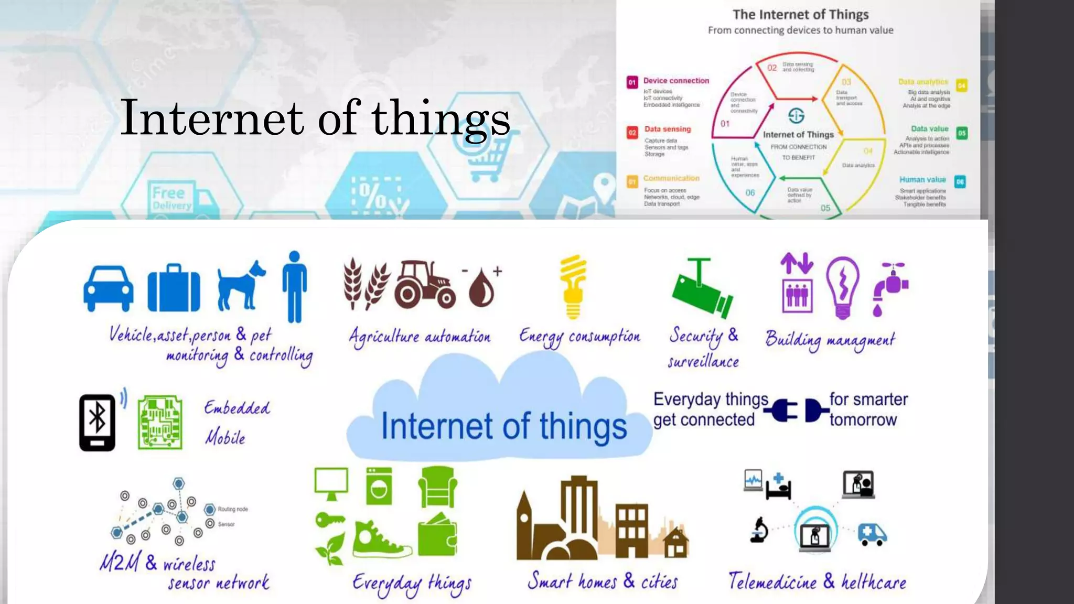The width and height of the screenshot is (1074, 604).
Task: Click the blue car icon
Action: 109,288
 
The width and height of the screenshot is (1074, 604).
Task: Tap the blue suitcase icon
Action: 174,288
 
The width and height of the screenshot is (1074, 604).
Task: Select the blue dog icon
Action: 241,286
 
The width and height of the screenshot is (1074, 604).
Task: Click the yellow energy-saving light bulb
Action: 573,287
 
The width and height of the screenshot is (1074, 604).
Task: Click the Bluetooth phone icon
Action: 98,422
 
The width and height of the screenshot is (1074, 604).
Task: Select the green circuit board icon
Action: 160,422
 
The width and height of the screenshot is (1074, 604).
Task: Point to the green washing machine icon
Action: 379,486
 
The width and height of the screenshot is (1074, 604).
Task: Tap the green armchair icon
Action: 437,487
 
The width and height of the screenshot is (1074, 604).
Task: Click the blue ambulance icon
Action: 872,534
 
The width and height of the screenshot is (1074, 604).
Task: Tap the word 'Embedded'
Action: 237,408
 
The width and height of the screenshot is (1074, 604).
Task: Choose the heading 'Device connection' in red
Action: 676,81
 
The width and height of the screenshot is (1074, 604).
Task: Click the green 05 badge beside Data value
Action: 962,133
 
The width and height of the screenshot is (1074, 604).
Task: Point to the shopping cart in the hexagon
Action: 487,158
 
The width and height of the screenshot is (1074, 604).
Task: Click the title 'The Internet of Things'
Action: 800,15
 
